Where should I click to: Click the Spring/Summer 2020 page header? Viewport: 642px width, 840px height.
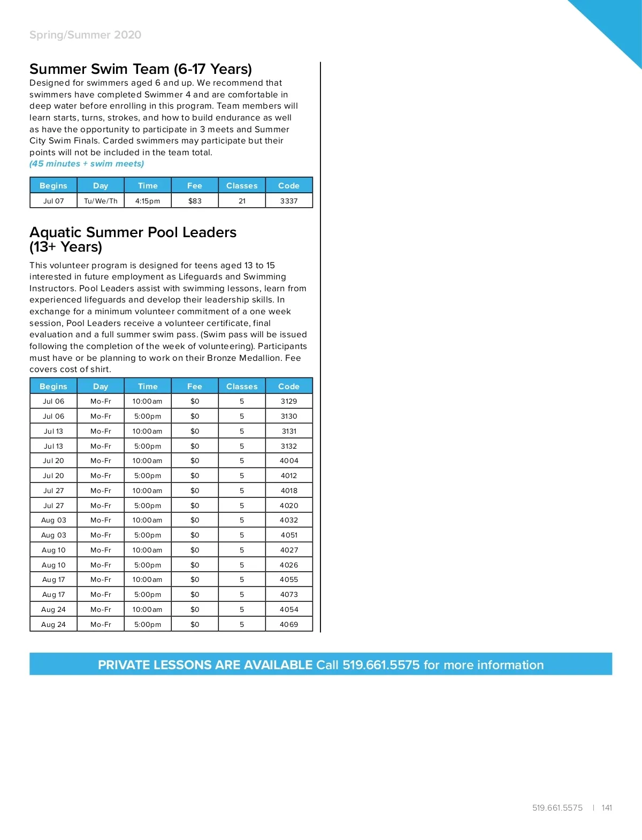[x=85, y=35]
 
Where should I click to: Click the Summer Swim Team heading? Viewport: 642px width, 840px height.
[x=140, y=69]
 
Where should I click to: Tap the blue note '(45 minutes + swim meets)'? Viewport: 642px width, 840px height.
[x=87, y=164]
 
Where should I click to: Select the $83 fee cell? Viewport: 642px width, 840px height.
[x=195, y=201]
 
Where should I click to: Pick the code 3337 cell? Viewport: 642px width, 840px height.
[x=289, y=201]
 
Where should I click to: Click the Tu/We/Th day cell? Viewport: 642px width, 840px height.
[x=101, y=201]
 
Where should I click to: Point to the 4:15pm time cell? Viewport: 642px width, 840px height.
[x=148, y=201]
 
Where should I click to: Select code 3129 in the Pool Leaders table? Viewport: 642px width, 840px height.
[x=289, y=401]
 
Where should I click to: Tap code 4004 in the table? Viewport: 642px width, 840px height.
[x=289, y=460]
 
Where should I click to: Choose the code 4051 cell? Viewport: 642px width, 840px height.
[x=289, y=535]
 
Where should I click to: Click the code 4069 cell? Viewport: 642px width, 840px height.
[x=289, y=624]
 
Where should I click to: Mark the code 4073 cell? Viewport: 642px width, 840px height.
[x=289, y=594]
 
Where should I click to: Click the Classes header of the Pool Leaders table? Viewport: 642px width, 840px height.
[x=242, y=386]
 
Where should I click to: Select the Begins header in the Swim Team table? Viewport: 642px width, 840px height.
[x=53, y=185]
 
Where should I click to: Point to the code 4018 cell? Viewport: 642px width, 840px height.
[x=289, y=490]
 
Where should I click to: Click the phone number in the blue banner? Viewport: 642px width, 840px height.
[x=381, y=665]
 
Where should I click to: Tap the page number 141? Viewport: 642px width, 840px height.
[x=607, y=808]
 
